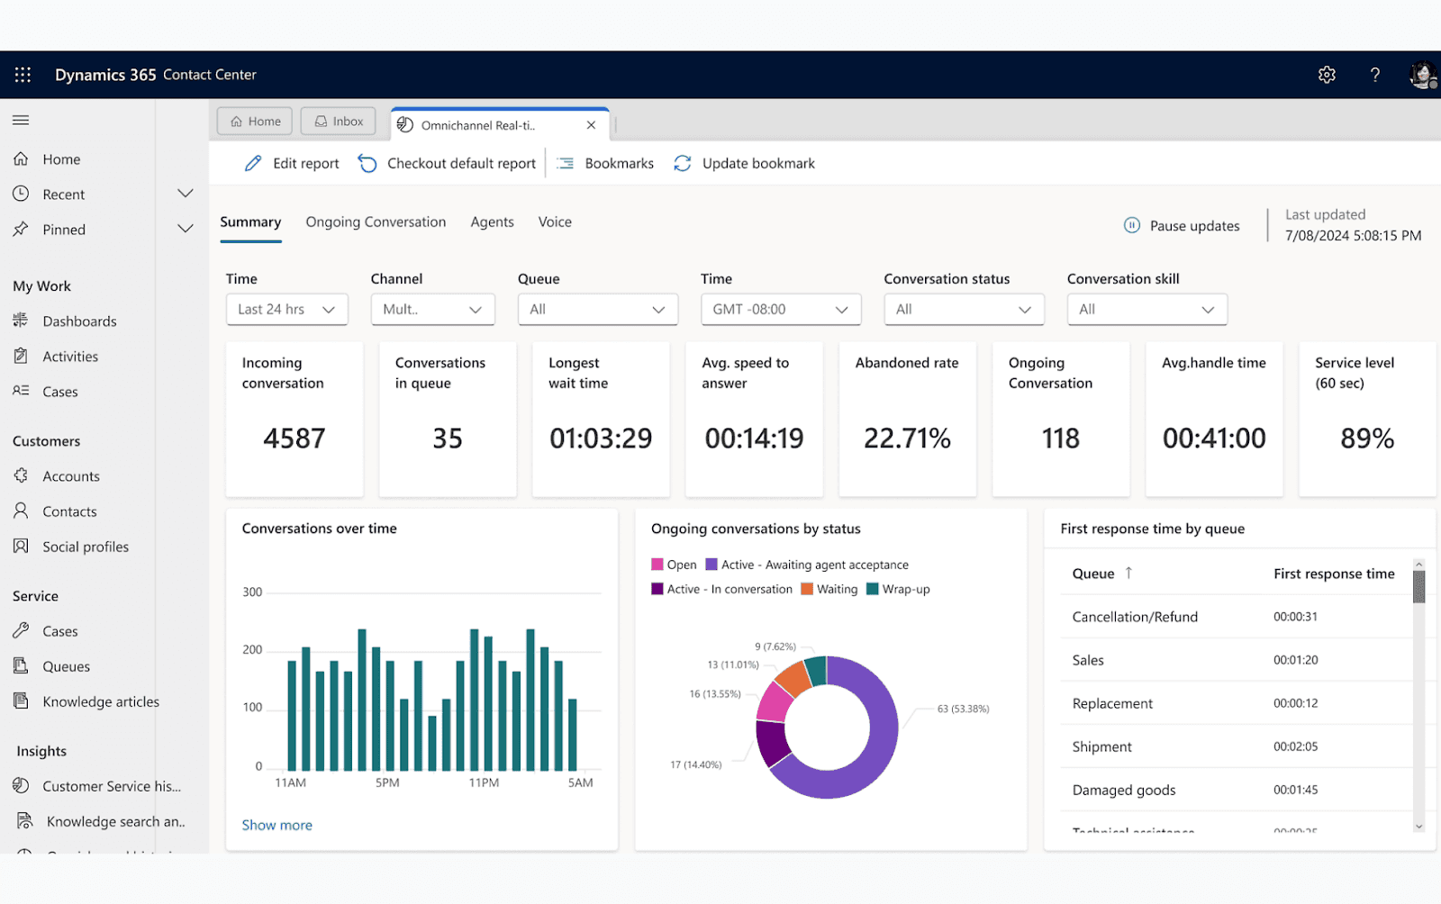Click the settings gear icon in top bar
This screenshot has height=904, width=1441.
[1326, 75]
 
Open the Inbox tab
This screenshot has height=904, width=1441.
[339, 122]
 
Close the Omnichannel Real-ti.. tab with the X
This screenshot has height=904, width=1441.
[591, 125]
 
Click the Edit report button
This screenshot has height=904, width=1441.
[292, 163]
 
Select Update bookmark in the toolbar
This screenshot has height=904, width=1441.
[745, 163]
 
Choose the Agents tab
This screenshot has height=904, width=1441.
[492, 221]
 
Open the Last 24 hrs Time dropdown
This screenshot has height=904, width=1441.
[286, 309]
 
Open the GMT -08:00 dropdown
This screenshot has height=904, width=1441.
[780, 309]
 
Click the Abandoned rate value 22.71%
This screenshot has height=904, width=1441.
[907, 438]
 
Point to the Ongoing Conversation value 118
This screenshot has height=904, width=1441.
[1060, 438]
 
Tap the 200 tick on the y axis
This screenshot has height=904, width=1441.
[252, 649]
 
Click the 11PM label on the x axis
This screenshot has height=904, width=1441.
[484, 782]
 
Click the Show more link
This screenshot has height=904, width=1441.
[276, 825]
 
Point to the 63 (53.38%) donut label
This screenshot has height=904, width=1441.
[963, 709]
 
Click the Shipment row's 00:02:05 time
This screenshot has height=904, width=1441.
[1295, 746]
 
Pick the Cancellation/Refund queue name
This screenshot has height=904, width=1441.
[1135, 617]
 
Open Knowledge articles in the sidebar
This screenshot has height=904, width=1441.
[100, 701]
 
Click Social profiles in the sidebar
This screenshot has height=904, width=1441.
[86, 547]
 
